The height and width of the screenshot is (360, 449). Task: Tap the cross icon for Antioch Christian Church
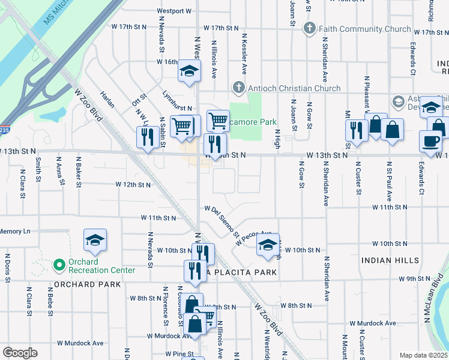pyautogui.click(x=240, y=88)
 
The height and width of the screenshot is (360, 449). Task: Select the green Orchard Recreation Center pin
pyautogui.click(x=59, y=264)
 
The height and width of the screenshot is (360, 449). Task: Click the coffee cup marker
pyautogui.click(x=430, y=141)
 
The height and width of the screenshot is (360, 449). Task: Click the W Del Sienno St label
pyautogui.click(x=222, y=220)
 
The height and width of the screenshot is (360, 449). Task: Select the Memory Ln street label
pyautogui.click(x=15, y=231)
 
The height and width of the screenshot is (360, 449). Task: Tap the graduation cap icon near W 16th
pyautogui.click(x=188, y=71)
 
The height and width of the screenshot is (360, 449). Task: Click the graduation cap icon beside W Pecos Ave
pyautogui.click(x=268, y=244)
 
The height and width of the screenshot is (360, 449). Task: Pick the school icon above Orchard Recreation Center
pyautogui.click(x=95, y=239)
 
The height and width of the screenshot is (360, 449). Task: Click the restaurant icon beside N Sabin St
pyautogui.click(x=146, y=137)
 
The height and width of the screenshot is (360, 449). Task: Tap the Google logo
pyautogui.click(x=20, y=353)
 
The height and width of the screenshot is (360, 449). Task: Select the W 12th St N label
pyautogui.click(x=133, y=185)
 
